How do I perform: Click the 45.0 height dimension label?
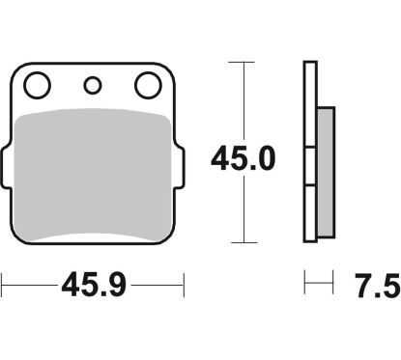(x=243, y=158)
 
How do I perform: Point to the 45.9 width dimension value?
(x=94, y=285)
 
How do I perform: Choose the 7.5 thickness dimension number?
(x=378, y=286)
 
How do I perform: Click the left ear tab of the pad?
(x=6, y=167)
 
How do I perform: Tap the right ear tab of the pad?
(x=180, y=167)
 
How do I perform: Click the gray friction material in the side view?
(x=326, y=173)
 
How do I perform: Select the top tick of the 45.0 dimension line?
(x=242, y=62)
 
